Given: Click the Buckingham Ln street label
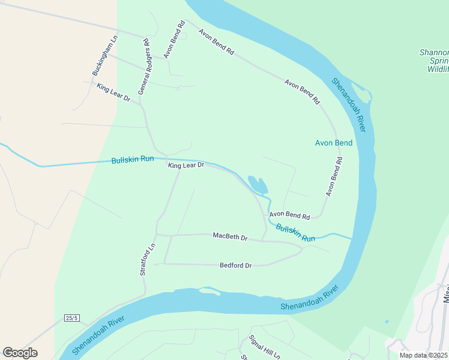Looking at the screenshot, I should (103, 59).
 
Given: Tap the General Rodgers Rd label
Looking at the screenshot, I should (144, 67).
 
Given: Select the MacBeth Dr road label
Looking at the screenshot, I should (230, 236).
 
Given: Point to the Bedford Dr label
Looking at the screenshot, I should (235, 265).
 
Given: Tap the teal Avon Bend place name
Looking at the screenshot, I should (334, 143).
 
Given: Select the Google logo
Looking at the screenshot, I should (20, 353).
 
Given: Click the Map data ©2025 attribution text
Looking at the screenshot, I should (423, 355).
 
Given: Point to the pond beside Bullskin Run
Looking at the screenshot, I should (258, 185).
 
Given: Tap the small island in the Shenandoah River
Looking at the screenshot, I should (209, 292).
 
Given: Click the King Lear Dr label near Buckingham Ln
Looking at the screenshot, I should (113, 92).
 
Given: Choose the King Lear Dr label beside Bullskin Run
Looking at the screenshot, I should (186, 164).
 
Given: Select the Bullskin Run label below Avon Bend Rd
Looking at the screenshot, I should (295, 233).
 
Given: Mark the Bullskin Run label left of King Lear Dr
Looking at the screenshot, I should (132, 160).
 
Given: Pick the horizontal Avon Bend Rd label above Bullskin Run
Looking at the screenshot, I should (289, 215).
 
